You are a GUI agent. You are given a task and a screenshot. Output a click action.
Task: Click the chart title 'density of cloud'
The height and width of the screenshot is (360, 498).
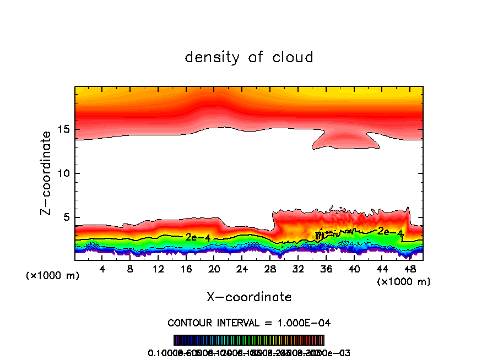249,57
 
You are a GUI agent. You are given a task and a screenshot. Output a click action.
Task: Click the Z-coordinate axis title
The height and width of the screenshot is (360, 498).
46,173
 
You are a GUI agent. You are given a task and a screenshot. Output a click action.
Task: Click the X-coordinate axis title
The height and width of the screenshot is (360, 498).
249,297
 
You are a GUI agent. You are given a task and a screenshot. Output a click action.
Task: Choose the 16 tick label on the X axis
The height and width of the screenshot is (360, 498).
186,269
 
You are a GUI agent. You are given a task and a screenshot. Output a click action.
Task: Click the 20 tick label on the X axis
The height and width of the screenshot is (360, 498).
214,269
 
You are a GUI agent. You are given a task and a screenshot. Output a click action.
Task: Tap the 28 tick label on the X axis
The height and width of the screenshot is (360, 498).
270,269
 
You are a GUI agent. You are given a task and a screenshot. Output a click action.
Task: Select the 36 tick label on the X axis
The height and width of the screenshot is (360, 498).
326,269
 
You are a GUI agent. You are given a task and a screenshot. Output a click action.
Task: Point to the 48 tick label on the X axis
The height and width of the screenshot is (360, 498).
409,269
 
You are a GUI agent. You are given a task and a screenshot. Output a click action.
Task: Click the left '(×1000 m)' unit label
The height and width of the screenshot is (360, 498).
53,275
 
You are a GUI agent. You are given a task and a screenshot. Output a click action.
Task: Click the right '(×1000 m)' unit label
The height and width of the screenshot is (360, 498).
404,281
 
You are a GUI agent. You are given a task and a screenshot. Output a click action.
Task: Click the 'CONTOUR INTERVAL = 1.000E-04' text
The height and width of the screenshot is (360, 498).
249,323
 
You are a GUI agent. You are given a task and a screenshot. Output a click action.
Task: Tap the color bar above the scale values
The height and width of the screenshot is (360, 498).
249,340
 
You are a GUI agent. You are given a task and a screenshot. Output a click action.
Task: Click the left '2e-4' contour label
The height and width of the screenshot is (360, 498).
197,237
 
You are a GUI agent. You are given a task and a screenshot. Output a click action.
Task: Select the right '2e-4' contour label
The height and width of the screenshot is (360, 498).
389,232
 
